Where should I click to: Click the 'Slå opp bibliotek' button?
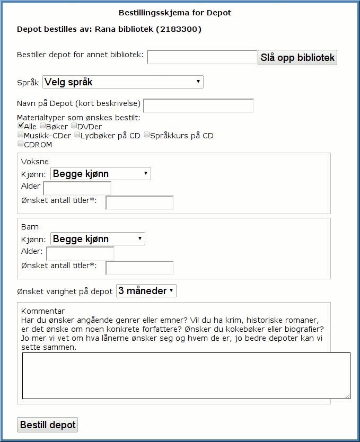(x=297, y=57)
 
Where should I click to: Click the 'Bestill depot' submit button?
(x=48, y=425)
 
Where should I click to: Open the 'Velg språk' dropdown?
(x=122, y=82)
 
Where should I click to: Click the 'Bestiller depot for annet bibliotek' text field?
(x=202, y=57)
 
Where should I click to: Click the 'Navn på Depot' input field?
(x=198, y=105)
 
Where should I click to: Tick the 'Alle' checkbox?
(x=20, y=126)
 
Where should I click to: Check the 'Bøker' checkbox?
(x=42, y=126)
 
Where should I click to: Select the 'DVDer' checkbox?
(x=74, y=126)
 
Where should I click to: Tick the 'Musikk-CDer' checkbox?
(x=20, y=135)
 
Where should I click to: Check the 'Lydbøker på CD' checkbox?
(x=77, y=135)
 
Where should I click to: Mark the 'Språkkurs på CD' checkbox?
(x=146, y=135)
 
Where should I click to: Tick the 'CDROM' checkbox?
(x=20, y=144)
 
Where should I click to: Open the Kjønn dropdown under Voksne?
(x=100, y=174)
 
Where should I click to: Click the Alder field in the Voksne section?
(x=77, y=188)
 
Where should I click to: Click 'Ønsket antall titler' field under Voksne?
(x=139, y=202)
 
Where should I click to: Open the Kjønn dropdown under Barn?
(x=98, y=239)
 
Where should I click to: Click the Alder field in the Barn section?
(x=80, y=253)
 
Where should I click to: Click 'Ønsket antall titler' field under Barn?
(x=139, y=268)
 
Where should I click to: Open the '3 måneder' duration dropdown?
(x=146, y=291)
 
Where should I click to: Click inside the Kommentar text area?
(x=186, y=375)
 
